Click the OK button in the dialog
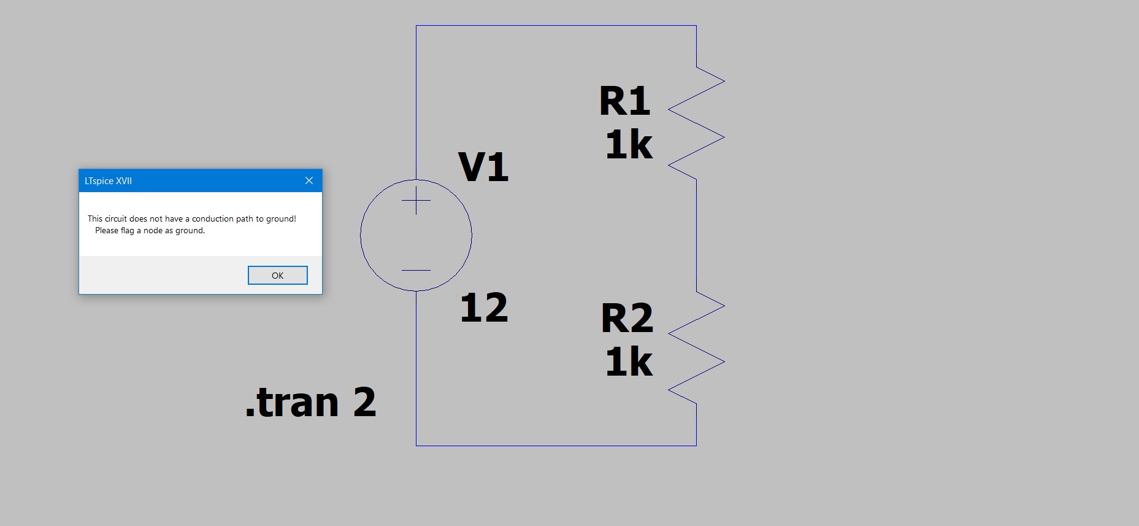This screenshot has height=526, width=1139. tap(277, 276)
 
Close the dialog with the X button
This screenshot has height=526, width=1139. tap(309, 180)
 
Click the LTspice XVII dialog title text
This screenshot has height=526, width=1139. tap(108, 181)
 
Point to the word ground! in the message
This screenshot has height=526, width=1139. tap(281, 219)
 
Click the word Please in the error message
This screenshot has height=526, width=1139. tap(107, 230)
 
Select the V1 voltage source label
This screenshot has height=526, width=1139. tap(483, 167)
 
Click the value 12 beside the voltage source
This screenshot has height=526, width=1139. tap(484, 307)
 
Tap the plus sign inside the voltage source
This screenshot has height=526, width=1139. tap(416, 200)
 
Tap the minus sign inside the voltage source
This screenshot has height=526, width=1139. tap(416, 270)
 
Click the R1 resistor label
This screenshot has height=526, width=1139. tap(624, 101)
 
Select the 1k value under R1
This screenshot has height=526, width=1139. tap(629, 145)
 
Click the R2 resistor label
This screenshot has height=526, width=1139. tap(627, 318)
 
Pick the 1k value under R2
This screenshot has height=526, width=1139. tap(629, 362)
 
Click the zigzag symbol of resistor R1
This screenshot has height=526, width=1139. tap(696, 123)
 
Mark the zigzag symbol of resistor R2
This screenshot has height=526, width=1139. tap(696, 347)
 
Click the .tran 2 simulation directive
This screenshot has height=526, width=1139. tap(310, 403)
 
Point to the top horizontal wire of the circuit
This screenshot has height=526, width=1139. tap(556, 26)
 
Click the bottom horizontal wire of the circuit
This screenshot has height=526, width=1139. tap(556, 446)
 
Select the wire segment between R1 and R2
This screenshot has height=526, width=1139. tap(696, 235)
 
